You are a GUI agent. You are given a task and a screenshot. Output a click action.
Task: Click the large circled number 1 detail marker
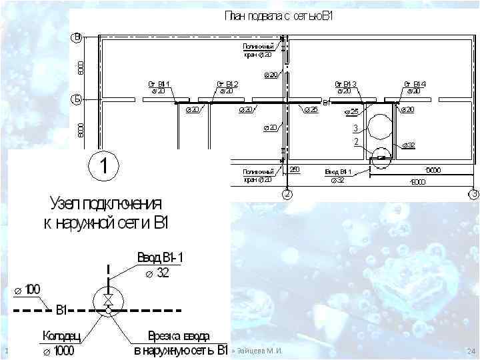(105, 166)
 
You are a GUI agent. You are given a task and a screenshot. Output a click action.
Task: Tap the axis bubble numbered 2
(287, 195)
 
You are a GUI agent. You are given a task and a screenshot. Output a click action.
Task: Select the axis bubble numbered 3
(473, 195)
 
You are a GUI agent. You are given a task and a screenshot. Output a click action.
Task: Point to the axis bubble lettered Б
(77, 100)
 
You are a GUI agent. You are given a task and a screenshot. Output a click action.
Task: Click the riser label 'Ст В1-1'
(159, 84)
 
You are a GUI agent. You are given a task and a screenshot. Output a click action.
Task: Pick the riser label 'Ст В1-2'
(227, 84)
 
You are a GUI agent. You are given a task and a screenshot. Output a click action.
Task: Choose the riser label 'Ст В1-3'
(346, 84)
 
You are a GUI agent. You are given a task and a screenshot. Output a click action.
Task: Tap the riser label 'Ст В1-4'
(414, 84)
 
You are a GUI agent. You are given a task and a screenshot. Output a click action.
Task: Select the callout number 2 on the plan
(356, 141)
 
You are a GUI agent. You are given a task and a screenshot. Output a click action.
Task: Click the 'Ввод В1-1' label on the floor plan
(338, 171)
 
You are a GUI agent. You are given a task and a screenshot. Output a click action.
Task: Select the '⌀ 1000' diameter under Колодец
(61, 351)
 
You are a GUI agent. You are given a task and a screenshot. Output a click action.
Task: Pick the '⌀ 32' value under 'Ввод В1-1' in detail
(157, 273)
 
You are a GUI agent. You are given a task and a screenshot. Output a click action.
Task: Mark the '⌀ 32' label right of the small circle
(408, 145)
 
